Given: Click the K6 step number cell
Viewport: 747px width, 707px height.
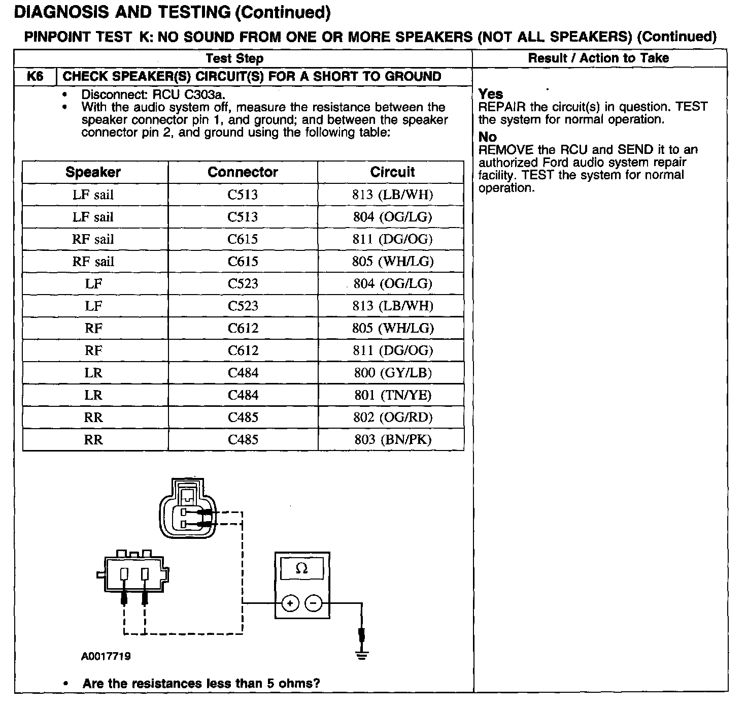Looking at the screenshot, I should point(35,77).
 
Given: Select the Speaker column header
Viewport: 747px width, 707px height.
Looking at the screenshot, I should point(93,172).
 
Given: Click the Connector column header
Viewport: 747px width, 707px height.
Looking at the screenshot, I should point(243,172).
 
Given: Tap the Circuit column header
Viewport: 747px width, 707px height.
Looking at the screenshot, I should point(392,172).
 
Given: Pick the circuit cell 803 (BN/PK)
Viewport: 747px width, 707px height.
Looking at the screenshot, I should point(392,439).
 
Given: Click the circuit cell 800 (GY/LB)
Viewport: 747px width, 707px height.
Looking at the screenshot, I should point(392,373).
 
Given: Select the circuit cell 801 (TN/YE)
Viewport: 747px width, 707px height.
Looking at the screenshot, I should point(392,395).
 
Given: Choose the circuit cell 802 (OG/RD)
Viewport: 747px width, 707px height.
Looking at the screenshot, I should point(392,417).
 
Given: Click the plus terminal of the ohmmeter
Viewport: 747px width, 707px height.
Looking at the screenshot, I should point(290,603).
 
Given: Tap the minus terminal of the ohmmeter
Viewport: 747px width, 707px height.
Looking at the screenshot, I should point(314,603).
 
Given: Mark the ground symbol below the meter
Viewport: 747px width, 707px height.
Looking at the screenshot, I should point(361,655).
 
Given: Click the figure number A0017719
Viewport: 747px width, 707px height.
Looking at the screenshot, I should point(106,656).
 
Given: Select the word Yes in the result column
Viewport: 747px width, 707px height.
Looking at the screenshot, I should point(490,94).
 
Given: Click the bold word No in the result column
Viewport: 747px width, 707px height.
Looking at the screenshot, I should point(487,137).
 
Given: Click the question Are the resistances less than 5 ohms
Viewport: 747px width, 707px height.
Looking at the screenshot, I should point(201,683).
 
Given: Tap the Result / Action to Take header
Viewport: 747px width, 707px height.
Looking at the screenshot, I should point(598,58).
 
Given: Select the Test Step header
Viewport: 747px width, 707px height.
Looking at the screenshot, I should point(234,58).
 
